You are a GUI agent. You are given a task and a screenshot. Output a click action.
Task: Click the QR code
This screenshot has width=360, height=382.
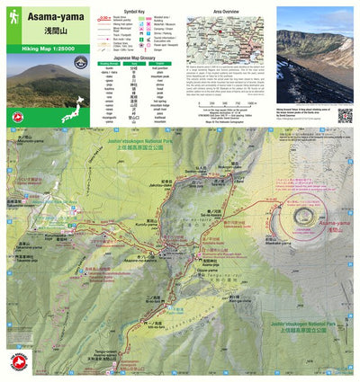coord(344,114)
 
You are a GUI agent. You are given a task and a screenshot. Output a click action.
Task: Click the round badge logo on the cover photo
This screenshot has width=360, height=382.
coord(81,61)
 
